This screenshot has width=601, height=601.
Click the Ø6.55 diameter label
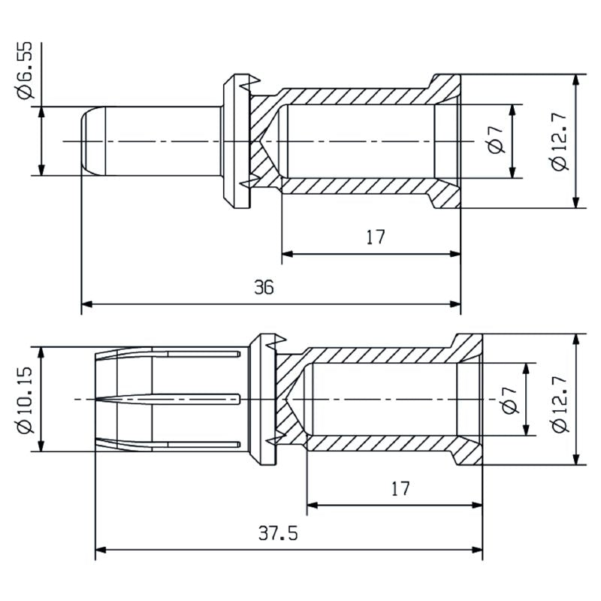[x=26, y=71]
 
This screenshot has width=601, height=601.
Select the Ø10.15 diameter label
[x=26, y=399]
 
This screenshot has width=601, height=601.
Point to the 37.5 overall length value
[x=279, y=533]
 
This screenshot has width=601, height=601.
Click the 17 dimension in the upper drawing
[x=376, y=237]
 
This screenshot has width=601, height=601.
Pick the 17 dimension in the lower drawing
[x=400, y=488]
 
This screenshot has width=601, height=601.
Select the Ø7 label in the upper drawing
[x=494, y=140]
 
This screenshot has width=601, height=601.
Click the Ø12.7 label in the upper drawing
[x=559, y=141]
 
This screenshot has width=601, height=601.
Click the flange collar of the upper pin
[x=235, y=141]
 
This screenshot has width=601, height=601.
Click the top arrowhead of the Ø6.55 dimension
[x=41, y=110]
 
